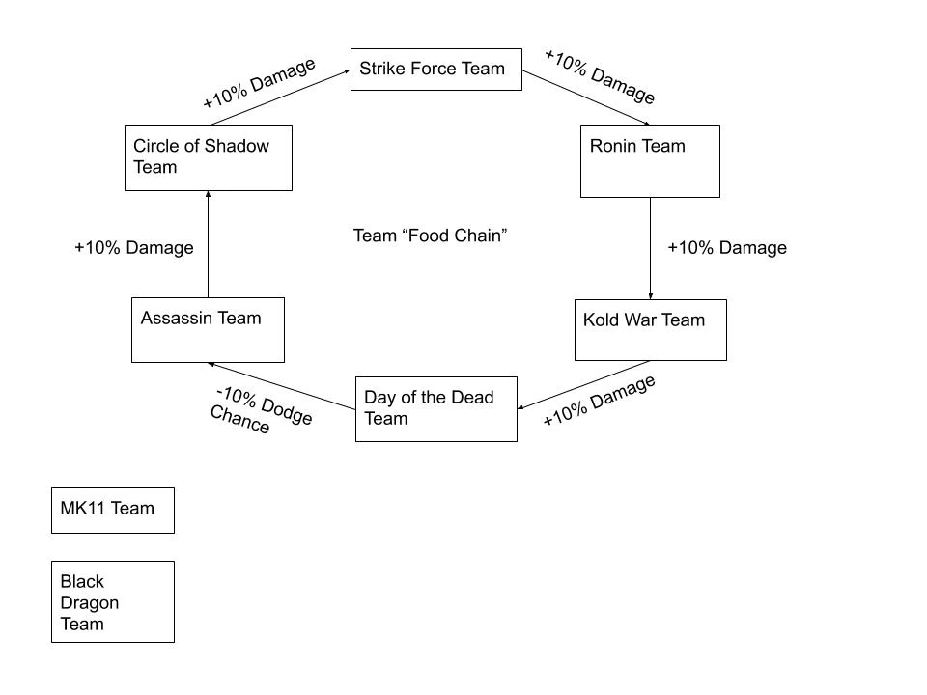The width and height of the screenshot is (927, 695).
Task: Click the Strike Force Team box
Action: coord(435,69)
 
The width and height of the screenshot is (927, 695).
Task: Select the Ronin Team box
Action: coord(649,161)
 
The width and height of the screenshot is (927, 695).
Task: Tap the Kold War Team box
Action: coord(650,330)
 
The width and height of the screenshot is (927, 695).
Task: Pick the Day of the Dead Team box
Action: coord(435,408)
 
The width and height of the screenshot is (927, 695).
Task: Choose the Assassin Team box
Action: coord(208,330)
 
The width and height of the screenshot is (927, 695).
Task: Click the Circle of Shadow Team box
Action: coord(208,157)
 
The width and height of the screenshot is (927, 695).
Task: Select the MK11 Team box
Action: coord(112,510)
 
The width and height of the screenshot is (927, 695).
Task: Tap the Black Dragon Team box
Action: coord(112,601)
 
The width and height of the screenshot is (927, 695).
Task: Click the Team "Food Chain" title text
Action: coord(431,236)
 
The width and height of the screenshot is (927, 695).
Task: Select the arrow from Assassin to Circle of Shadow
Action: coord(208,244)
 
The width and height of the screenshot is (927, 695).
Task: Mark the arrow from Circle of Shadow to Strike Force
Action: coord(278,97)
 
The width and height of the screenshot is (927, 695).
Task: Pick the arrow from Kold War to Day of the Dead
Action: coord(583,385)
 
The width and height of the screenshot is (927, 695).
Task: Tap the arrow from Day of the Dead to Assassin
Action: coord(282,386)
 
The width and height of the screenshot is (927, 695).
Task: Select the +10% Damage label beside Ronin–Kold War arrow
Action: coord(727,248)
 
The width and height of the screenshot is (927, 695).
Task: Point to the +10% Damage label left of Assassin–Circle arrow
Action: coord(133,248)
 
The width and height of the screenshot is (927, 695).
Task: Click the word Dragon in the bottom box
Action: coord(89,603)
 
